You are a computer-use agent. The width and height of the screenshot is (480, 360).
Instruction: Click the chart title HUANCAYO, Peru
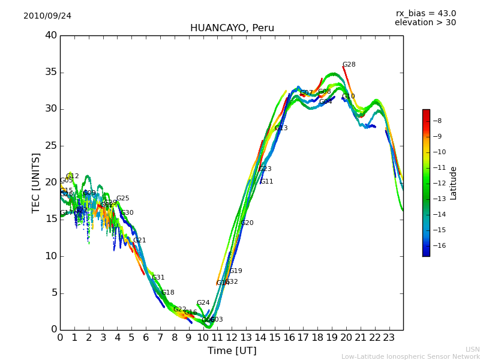tap(232, 28)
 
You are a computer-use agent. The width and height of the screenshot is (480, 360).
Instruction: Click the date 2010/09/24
tap(47, 16)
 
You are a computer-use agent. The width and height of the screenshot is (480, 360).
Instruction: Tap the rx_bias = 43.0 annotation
tap(426, 14)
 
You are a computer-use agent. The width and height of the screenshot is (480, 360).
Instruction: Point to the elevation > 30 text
tap(425, 23)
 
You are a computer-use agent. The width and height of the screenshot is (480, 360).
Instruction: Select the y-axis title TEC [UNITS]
tap(37, 182)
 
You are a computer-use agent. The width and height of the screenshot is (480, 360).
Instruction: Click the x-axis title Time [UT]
tap(232, 350)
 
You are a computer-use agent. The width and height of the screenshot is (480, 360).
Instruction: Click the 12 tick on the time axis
tap(232, 337)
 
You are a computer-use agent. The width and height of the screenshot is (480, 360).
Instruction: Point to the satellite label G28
tap(349, 65)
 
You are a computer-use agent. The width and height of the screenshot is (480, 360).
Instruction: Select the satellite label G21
tap(139, 241)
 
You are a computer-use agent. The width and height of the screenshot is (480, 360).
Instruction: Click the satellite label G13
tap(281, 128)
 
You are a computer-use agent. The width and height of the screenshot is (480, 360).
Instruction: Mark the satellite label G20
tap(247, 223)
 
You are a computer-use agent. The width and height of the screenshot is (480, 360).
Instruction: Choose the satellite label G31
tap(158, 278)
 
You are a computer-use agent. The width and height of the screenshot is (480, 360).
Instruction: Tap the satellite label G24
tap(203, 303)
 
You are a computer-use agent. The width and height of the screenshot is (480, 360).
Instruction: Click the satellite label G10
tap(348, 97)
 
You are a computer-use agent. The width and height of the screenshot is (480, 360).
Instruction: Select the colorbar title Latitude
tap(454, 183)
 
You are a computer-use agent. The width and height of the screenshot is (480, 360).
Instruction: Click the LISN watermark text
tap(472, 349)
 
